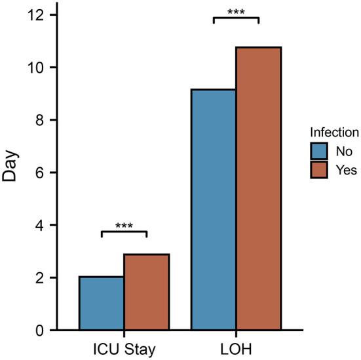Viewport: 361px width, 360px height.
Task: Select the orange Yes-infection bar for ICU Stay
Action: (x=147, y=292)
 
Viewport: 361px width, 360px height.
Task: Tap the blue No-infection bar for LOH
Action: (x=214, y=210)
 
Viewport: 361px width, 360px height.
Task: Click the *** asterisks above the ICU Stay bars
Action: (x=124, y=227)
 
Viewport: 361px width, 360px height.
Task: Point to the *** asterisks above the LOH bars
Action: (x=236, y=12)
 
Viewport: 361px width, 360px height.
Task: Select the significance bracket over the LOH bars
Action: (x=236, y=18)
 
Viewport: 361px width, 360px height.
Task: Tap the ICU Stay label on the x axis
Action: (x=124, y=346)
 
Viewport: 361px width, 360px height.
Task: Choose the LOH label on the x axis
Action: (x=236, y=346)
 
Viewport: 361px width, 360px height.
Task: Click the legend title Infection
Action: (x=334, y=132)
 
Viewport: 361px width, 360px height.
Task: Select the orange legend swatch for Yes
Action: (x=319, y=170)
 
